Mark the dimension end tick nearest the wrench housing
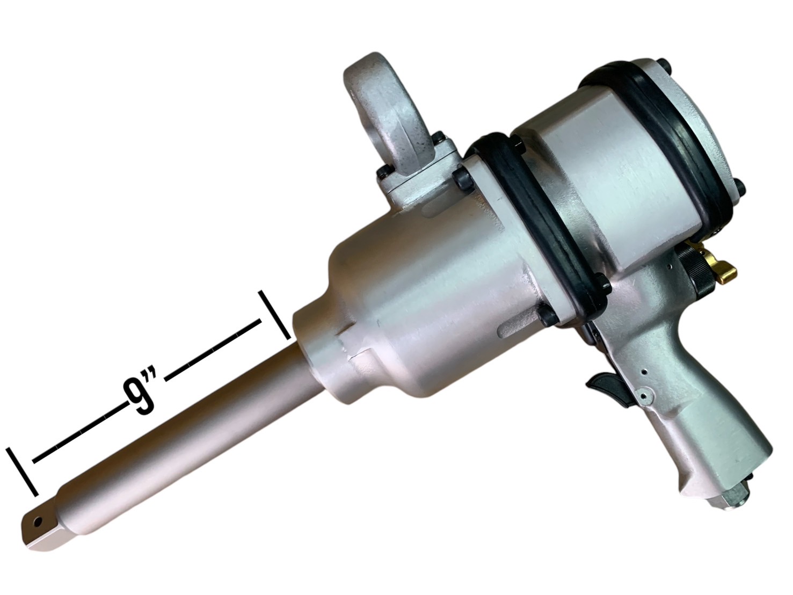click(274, 315)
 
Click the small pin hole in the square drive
click(38, 520)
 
